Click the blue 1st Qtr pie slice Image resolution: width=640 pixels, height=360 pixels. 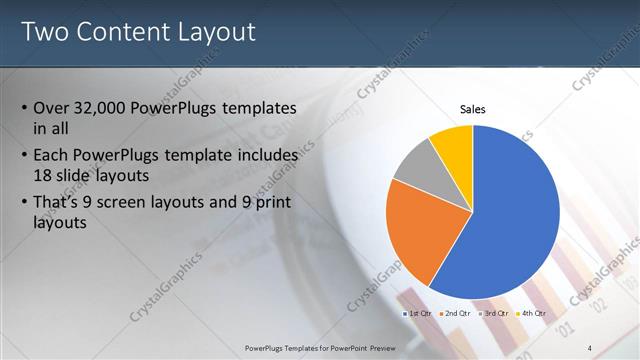click(x=510, y=215)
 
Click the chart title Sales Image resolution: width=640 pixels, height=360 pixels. click(x=473, y=108)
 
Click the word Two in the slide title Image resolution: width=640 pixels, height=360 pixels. click(x=46, y=32)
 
